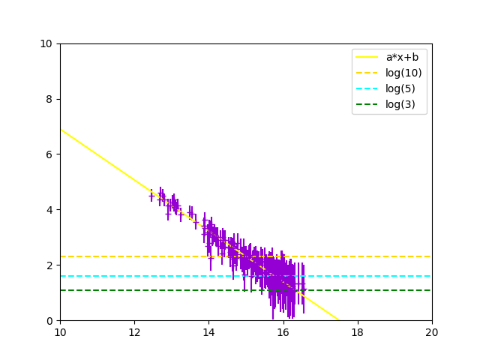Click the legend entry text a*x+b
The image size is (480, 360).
(x=402, y=58)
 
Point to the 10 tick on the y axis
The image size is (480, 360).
(x=46, y=43)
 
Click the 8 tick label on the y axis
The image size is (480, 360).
(x=49, y=99)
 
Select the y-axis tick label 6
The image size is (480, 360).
(x=49, y=154)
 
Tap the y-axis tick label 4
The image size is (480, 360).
(x=49, y=210)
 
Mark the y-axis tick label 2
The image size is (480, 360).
(x=49, y=265)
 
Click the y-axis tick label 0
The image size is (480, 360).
(x=49, y=321)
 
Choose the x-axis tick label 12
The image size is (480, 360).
(x=134, y=331)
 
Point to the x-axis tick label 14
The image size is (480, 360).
(x=208, y=331)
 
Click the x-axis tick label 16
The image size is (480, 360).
(x=283, y=331)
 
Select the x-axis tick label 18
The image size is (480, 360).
(x=358, y=331)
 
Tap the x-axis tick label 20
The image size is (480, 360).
(x=432, y=331)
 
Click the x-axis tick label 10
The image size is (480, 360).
(x=60, y=331)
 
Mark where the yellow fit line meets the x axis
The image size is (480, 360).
(x=338, y=320)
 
